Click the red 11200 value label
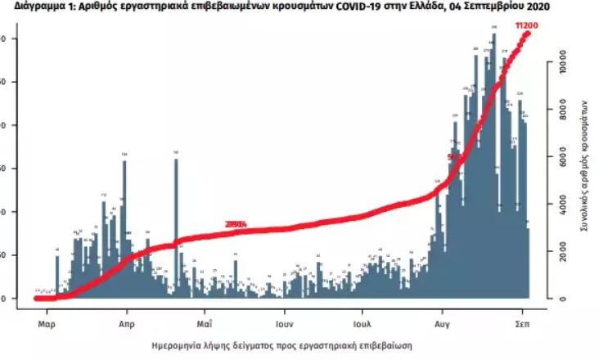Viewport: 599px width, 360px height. pyautogui.click(x=526, y=26)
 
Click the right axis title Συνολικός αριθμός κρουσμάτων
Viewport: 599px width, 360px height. pyautogui.click(x=584, y=164)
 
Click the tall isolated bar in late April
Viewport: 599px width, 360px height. pyautogui.click(x=176, y=225)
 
